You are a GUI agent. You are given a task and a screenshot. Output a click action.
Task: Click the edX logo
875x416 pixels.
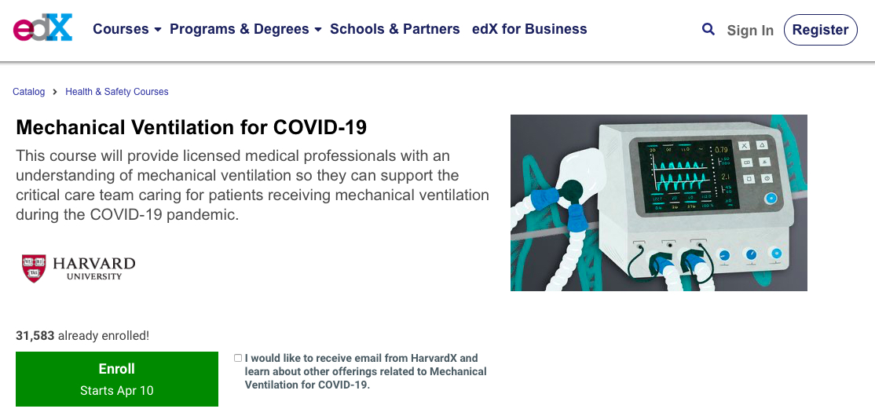[x=43, y=28]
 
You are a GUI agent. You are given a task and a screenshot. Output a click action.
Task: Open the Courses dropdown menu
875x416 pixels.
[x=127, y=29]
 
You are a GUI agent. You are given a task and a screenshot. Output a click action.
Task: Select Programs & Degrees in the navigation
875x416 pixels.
[x=246, y=29]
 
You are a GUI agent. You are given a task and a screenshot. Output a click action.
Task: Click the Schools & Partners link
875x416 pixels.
[x=395, y=29]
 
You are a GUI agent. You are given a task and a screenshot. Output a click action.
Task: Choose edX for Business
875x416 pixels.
[x=529, y=29]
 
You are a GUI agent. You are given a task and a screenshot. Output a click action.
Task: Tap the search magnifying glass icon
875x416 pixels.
[x=708, y=29]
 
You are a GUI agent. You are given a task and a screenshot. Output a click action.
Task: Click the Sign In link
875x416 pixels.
[x=750, y=30]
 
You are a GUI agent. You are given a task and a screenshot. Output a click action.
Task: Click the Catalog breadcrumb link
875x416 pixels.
[x=29, y=92]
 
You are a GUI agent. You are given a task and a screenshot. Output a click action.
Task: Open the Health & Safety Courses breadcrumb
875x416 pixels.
[x=116, y=92]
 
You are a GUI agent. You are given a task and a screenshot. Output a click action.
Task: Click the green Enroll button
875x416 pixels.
[x=116, y=378]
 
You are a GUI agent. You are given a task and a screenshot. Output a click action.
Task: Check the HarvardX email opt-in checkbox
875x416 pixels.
[x=238, y=358]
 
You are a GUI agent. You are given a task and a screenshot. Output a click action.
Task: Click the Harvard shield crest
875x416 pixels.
[x=34, y=268]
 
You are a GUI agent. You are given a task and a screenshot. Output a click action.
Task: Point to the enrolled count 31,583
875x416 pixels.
[x=35, y=336]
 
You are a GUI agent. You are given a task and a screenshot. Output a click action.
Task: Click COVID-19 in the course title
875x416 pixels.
[x=320, y=127]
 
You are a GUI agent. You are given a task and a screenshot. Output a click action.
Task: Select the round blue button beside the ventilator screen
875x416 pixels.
[x=770, y=198]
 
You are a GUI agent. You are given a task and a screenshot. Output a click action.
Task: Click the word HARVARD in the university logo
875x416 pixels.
[x=94, y=263]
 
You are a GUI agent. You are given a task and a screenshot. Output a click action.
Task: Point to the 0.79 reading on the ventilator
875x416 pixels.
[x=722, y=150]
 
